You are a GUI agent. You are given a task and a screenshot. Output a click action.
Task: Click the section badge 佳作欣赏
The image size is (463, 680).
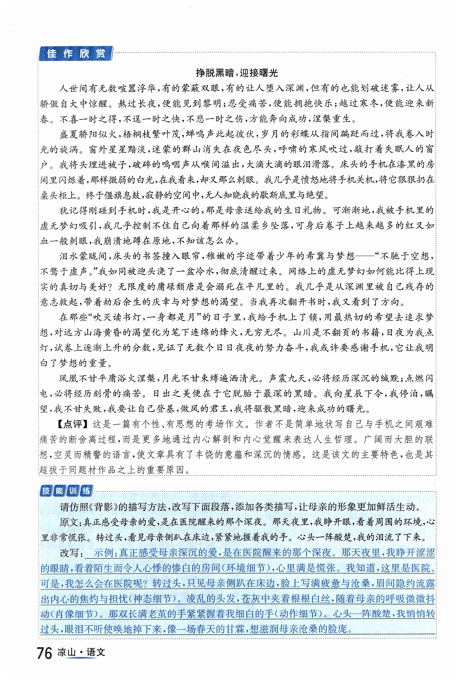(x=76, y=54)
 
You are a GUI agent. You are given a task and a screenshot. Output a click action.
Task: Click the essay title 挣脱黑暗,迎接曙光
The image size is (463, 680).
(x=236, y=73)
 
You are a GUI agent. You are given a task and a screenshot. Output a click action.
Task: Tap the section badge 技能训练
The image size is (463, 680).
(x=66, y=491)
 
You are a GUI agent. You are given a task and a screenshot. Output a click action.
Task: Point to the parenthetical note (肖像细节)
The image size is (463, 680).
(x=71, y=614)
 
